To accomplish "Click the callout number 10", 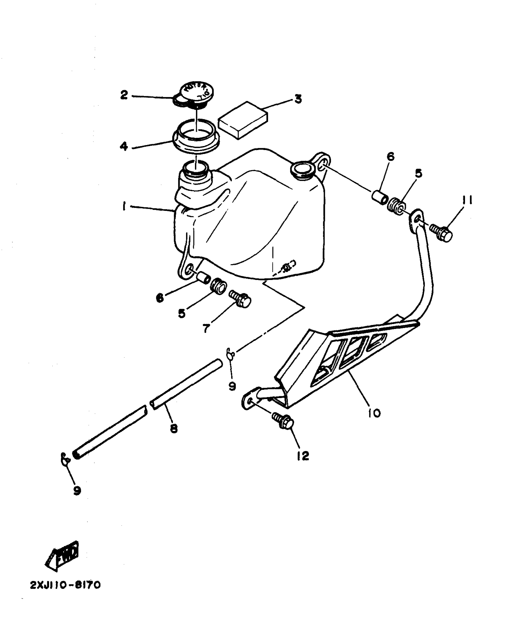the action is point(374,413).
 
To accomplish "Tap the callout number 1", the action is point(124,207).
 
